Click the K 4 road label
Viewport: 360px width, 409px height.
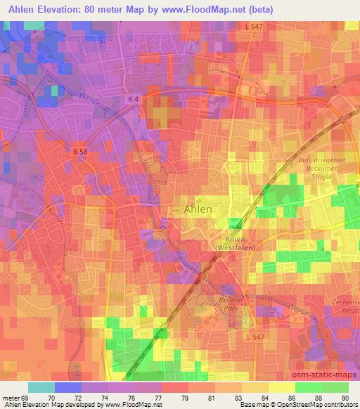134,99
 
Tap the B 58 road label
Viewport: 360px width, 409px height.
79,150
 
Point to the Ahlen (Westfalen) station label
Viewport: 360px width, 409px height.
235,243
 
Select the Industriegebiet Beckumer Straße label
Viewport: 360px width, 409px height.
322,169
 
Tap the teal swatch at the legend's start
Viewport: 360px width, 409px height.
41,387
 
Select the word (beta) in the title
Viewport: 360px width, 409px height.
274,9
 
